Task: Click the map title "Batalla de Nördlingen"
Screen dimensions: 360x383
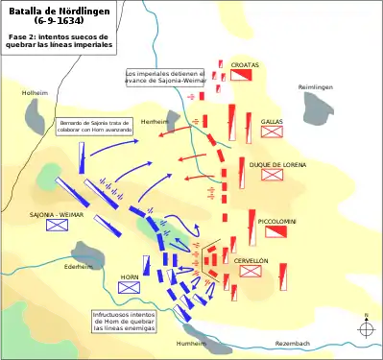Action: point(60,11)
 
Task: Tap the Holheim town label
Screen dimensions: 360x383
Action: point(35,93)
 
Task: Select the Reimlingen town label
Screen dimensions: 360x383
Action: point(316,87)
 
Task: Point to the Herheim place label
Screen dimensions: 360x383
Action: point(154,123)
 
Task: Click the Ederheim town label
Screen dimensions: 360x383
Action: point(78,266)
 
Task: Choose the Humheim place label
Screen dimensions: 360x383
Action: point(191,343)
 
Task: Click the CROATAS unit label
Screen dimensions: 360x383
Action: point(245,64)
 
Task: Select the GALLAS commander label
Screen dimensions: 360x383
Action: point(271,122)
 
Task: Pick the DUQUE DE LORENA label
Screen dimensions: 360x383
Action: point(277,165)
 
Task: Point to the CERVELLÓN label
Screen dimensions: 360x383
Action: point(251,261)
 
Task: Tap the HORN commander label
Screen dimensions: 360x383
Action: point(130,276)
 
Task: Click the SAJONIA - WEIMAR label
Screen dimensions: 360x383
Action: point(56,215)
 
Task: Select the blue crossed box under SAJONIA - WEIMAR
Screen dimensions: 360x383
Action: point(57,227)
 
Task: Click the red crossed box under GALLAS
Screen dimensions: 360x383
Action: point(271,132)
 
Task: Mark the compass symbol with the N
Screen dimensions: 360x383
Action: point(366,327)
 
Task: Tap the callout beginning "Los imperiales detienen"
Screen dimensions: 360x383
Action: point(165,77)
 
